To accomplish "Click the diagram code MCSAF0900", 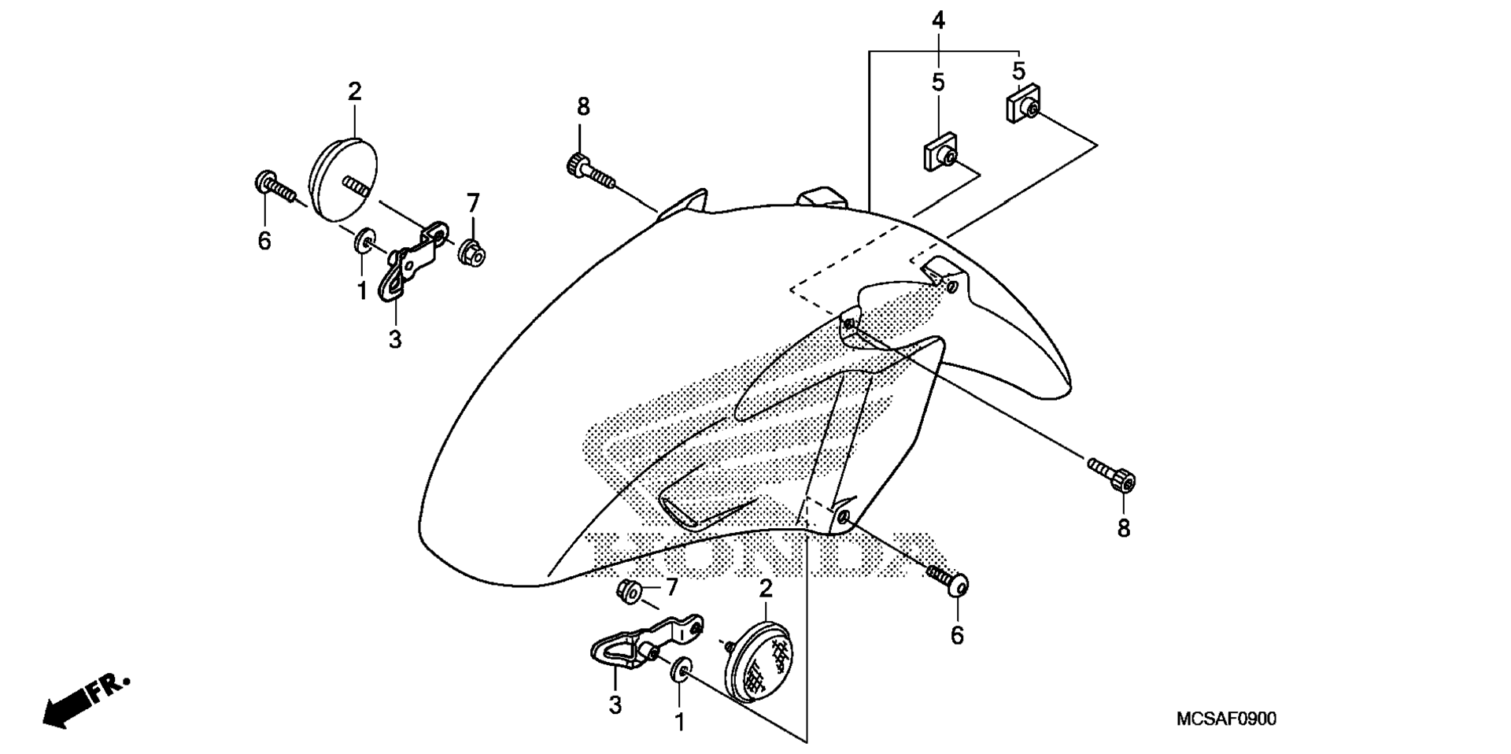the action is (x=1226, y=719).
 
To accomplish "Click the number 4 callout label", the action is (x=938, y=20).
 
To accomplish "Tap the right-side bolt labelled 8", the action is (x=1111, y=475).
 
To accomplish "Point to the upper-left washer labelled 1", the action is (x=364, y=240).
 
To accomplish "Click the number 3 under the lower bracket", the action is (x=615, y=705).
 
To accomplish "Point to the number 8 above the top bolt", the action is (x=582, y=106).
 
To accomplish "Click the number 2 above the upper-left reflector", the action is (x=355, y=91).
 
